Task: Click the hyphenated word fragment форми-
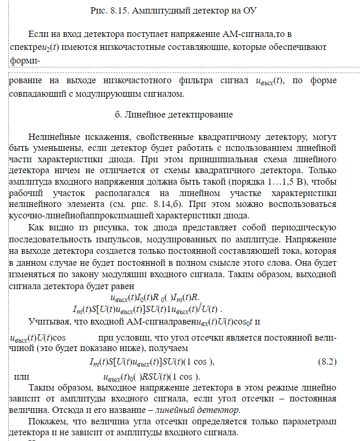click(x=25, y=60)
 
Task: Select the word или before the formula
click(x=20, y=376)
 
